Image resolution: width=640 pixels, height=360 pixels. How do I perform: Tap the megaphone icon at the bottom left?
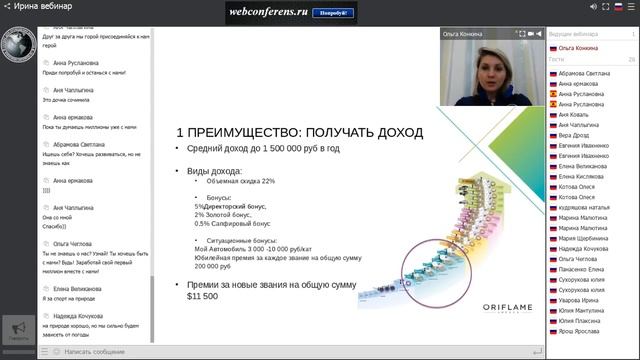click(17, 327)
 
